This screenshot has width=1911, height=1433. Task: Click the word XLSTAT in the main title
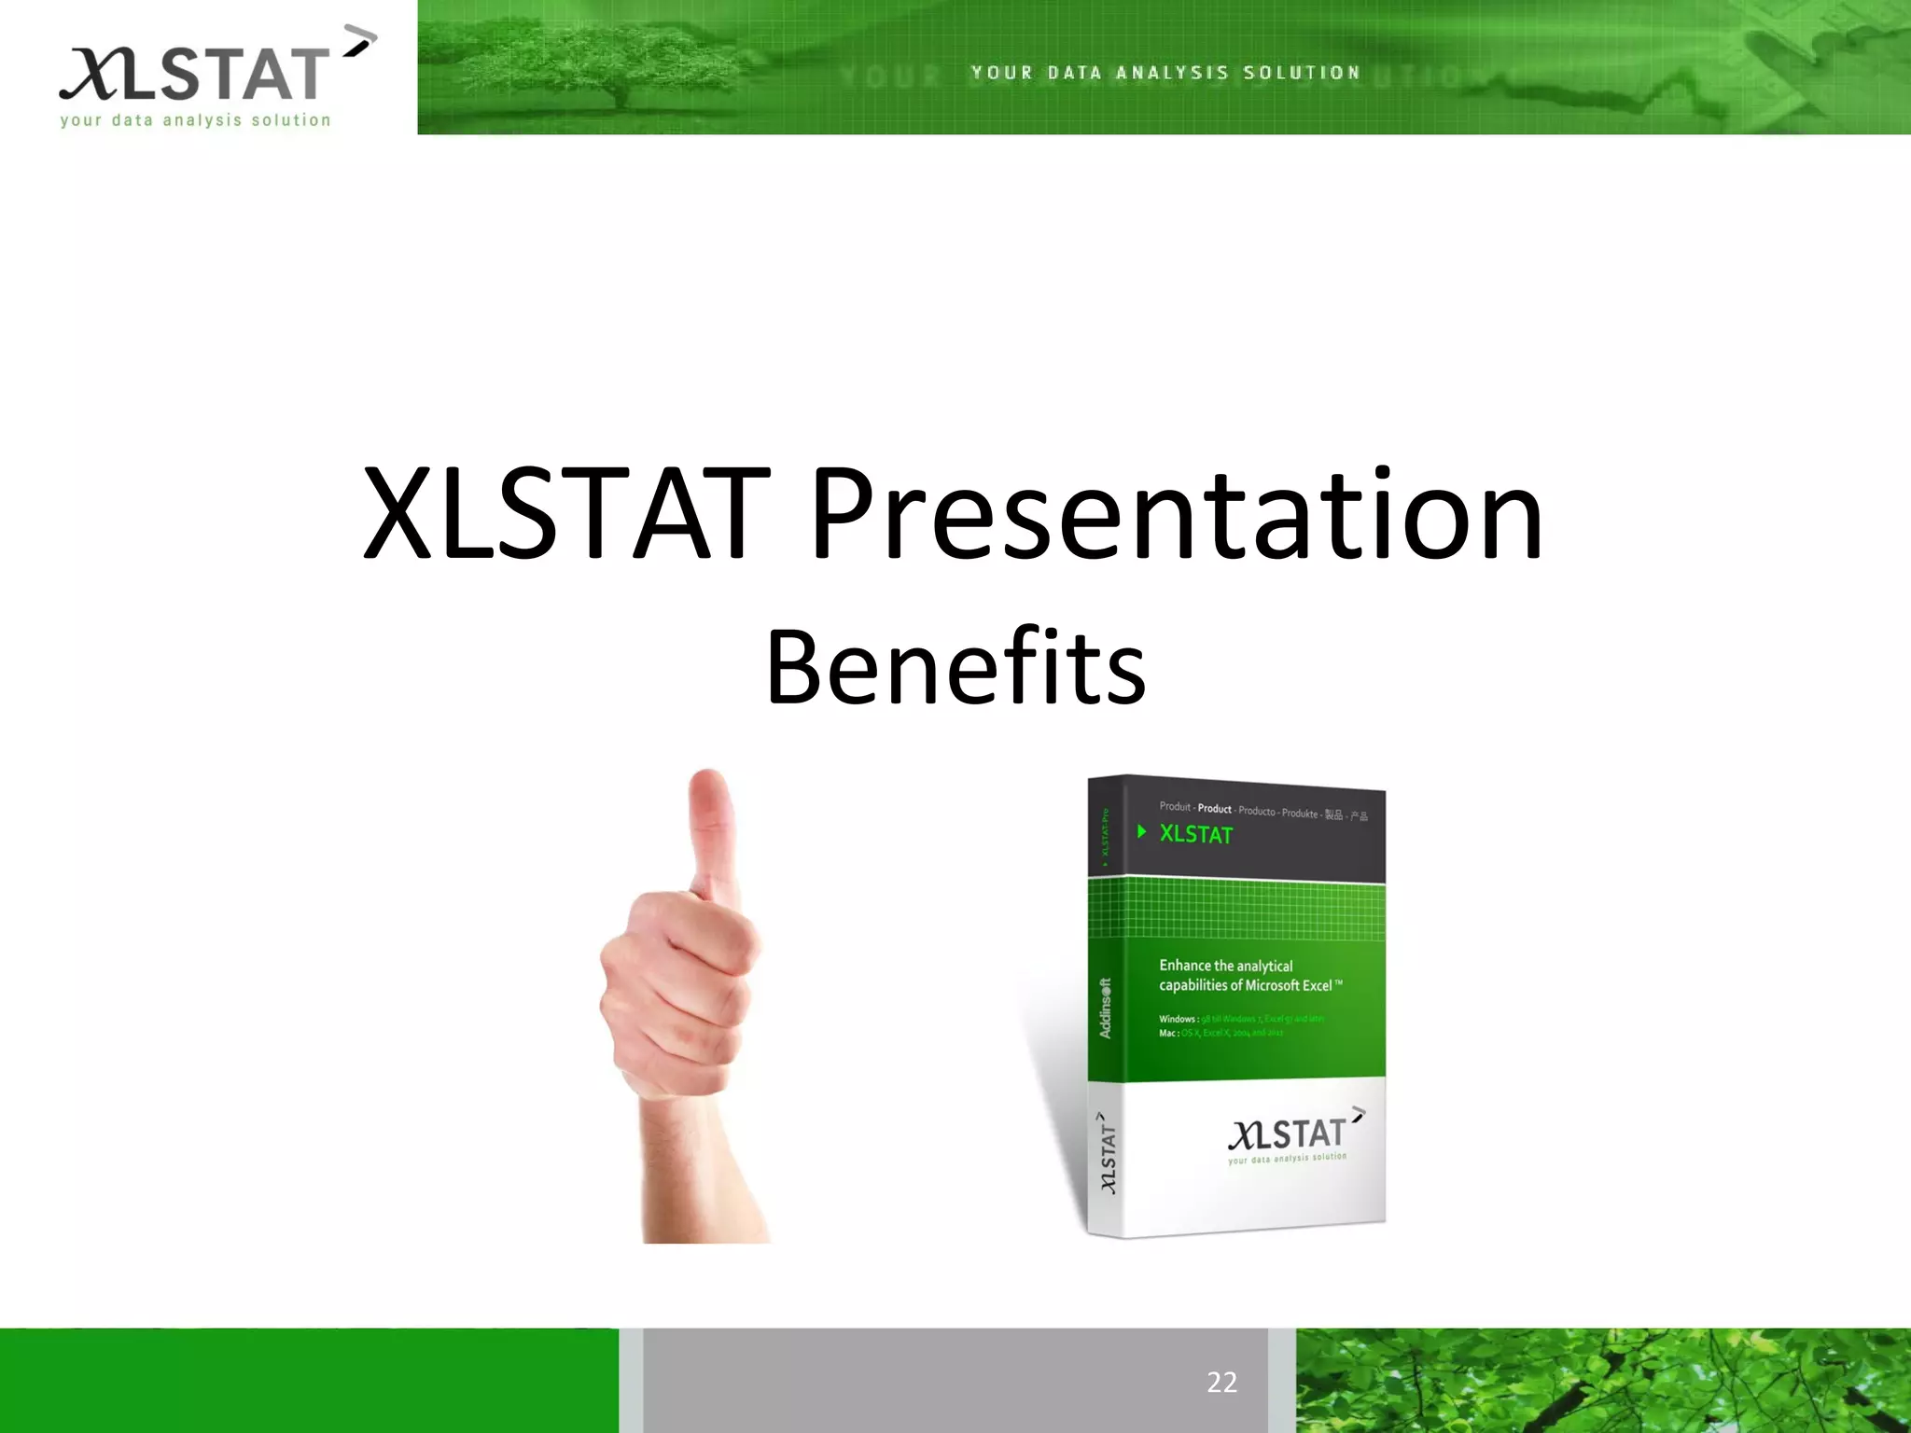[x=565, y=515]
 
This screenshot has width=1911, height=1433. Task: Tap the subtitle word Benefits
[x=955, y=667]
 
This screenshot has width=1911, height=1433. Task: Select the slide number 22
[x=1221, y=1382]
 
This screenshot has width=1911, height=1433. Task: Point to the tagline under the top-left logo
[x=195, y=120]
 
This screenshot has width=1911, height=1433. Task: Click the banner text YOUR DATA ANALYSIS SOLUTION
[x=1165, y=73]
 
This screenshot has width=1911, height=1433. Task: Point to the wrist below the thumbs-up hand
[x=700, y=1166]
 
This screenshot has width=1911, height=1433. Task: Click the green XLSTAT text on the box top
[x=1195, y=835]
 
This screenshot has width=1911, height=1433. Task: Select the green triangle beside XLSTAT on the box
[x=1141, y=831]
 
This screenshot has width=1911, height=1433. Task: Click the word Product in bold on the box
[x=1214, y=809]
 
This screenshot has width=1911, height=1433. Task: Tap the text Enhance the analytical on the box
[x=1225, y=966]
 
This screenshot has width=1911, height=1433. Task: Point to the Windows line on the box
[x=1241, y=1019]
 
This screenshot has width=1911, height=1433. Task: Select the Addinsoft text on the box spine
[x=1105, y=1009]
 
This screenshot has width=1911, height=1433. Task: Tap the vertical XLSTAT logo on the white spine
[x=1107, y=1153]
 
